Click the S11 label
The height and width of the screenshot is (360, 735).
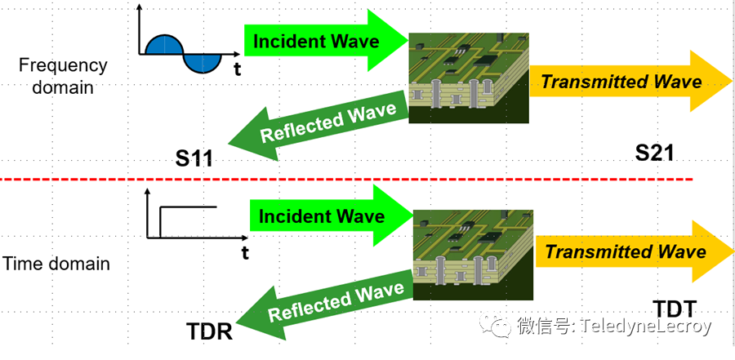(x=194, y=158)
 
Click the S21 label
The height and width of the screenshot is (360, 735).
(x=654, y=152)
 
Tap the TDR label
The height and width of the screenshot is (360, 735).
(x=209, y=331)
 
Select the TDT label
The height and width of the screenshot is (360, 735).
(x=675, y=309)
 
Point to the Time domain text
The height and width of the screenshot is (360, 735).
(x=56, y=264)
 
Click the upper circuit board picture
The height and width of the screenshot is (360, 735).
(x=468, y=78)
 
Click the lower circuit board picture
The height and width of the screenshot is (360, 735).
(x=473, y=253)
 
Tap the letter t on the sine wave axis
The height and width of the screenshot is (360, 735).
(x=237, y=69)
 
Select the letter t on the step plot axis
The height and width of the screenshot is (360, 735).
(x=244, y=252)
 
